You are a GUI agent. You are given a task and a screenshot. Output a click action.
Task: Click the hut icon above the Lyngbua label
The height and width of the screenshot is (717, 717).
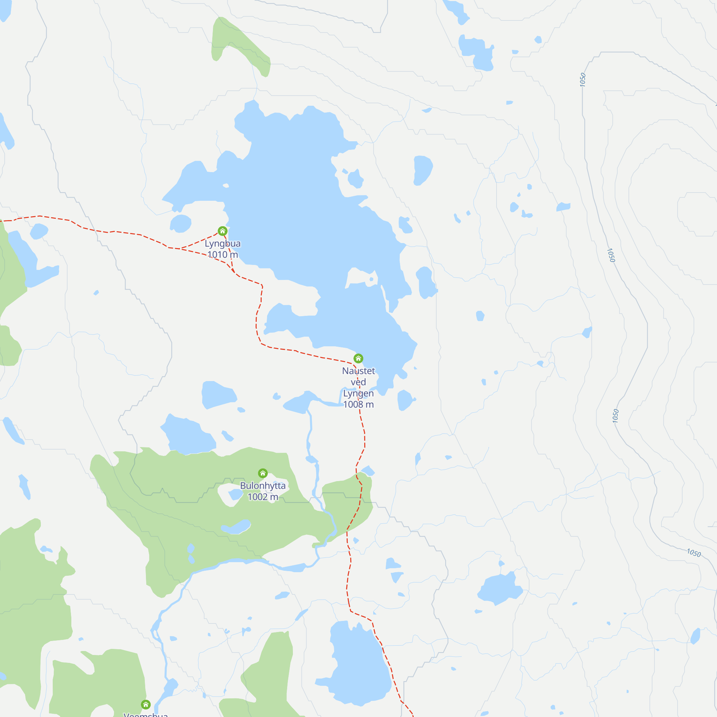pyautogui.click(x=223, y=231)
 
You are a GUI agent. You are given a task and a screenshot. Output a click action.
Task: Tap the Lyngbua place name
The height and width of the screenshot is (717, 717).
pyautogui.click(x=223, y=243)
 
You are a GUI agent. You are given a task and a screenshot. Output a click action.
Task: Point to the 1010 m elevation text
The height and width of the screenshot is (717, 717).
pyautogui.click(x=223, y=255)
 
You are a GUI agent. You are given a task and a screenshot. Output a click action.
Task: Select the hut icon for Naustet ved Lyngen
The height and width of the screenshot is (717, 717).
pyautogui.click(x=358, y=358)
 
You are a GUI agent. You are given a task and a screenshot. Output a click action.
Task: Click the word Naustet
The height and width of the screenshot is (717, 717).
pyautogui.click(x=358, y=371)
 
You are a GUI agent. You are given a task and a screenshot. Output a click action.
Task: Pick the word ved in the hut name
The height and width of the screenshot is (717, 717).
pyautogui.click(x=358, y=382)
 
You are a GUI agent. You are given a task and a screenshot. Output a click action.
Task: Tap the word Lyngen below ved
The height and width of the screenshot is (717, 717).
pyautogui.click(x=358, y=393)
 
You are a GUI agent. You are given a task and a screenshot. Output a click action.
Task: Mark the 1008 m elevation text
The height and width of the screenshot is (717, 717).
pyautogui.click(x=358, y=404)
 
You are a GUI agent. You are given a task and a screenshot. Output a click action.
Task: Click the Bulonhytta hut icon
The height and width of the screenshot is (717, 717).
pyautogui.click(x=263, y=473)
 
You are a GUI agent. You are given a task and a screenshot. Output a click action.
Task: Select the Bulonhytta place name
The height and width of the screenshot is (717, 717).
pyautogui.click(x=263, y=485)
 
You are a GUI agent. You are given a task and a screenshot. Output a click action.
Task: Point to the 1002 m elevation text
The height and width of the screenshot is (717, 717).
pyautogui.click(x=263, y=497)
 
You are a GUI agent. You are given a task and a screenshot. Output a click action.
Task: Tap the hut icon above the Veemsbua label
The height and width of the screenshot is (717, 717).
pyautogui.click(x=146, y=704)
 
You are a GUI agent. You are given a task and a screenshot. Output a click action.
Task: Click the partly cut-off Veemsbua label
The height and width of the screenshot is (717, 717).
pyautogui.click(x=146, y=714)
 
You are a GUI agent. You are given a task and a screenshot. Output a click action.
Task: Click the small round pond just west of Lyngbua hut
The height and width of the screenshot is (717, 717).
pyautogui.click(x=181, y=223)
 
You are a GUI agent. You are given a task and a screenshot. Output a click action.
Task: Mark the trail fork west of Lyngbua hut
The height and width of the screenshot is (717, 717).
pyautogui.click(x=181, y=248)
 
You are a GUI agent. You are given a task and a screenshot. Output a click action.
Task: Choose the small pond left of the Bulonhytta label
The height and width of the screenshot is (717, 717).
pyautogui.click(x=235, y=494)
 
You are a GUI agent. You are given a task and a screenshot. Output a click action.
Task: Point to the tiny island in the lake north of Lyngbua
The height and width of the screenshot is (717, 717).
pyautogui.click(x=225, y=186)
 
